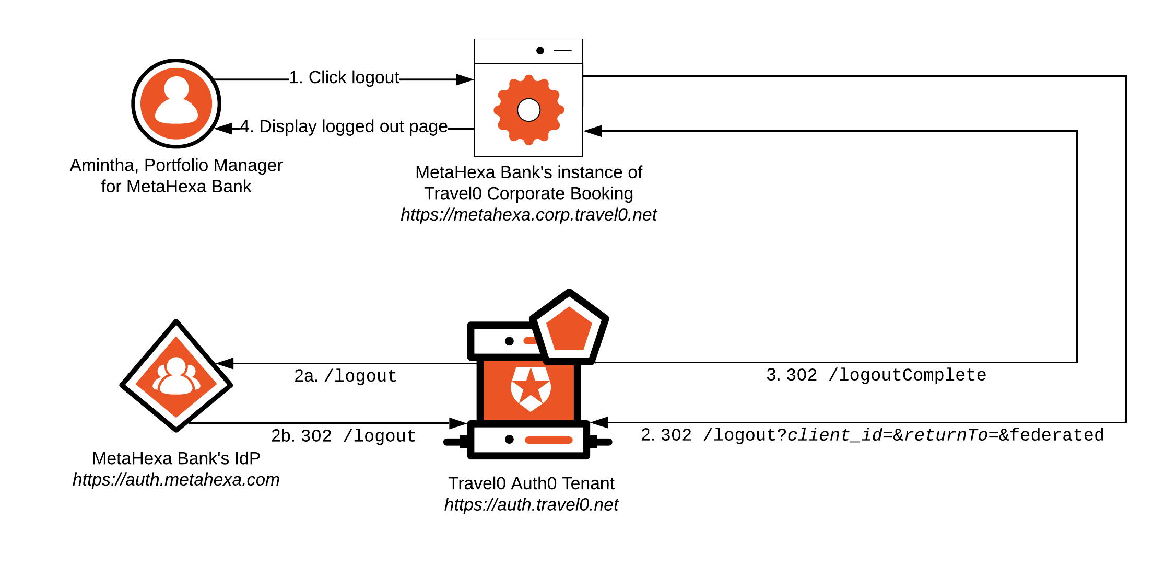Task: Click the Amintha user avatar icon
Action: (x=176, y=103)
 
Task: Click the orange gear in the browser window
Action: (x=528, y=110)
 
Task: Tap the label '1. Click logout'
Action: (x=344, y=78)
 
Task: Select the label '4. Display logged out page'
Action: (x=344, y=126)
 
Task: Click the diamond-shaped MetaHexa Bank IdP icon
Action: (x=176, y=376)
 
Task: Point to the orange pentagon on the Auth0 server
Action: (x=569, y=329)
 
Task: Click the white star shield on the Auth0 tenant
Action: (x=531, y=388)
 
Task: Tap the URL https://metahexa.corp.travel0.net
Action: (x=528, y=215)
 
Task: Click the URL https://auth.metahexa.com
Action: (x=176, y=480)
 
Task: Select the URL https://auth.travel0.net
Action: (x=531, y=505)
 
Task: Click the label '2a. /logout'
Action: (x=345, y=376)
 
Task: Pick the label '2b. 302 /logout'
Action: (x=343, y=436)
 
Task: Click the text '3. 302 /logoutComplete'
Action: (x=876, y=375)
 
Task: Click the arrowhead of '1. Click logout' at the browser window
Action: (x=464, y=79)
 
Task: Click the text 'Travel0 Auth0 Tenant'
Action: (x=531, y=483)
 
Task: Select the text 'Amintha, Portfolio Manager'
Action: (x=176, y=165)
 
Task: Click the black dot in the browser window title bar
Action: (x=540, y=51)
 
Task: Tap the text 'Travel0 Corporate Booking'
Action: (x=528, y=193)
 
